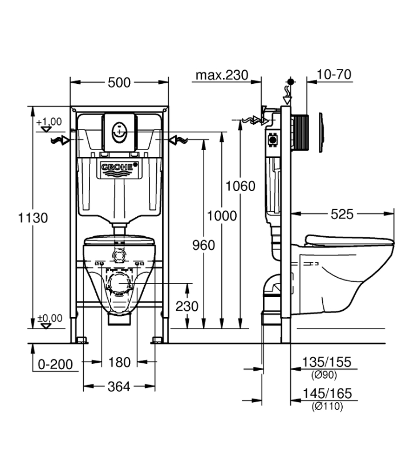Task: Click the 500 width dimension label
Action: coord(119,83)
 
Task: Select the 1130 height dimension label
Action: coord(33,218)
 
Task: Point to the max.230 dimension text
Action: coord(222,75)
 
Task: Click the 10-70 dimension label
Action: coord(334,74)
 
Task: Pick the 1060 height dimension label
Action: coord(240,186)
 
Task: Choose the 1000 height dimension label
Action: coord(222,216)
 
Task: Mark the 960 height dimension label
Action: coord(204,245)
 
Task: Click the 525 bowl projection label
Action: coord(342,214)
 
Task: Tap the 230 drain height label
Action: coord(187,306)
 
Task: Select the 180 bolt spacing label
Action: coord(119,362)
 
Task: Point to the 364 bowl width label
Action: coord(119,387)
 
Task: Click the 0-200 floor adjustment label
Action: coord(55,364)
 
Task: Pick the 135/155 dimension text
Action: coord(327,362)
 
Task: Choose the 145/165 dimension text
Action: coord(327,394)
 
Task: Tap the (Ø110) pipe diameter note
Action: coord(327,406)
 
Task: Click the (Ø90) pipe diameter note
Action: coord(324,375)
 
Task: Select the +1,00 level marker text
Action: coord(49,121)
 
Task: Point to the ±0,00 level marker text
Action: coord(50,318)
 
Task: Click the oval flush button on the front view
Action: coord(119,133)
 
